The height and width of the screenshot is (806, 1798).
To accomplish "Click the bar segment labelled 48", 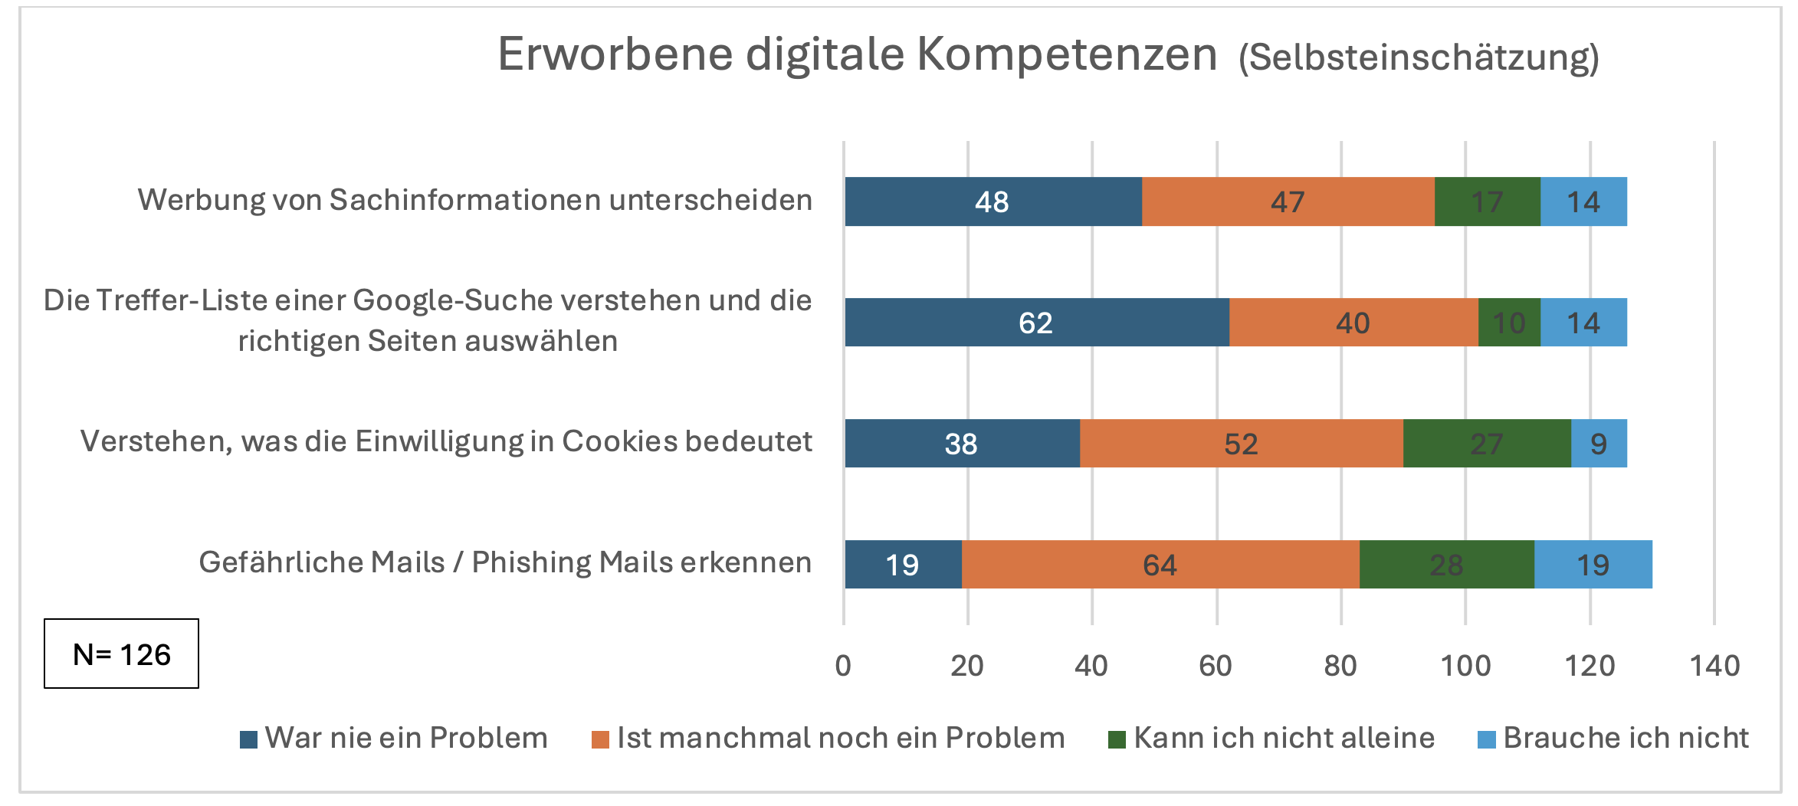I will pyautogui.click(x=993, y=202).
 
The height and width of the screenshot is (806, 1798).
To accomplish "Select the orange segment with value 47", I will pyautogui.click(x=1288, y=202).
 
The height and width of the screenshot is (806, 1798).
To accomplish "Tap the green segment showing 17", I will pyautogui.click(x=1487, y=202).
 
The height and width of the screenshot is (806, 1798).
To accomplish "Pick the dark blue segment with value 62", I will pyautogui.click(x=1036, y=323).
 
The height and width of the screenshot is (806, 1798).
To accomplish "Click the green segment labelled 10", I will pyautogui.click(x=1508, y=323).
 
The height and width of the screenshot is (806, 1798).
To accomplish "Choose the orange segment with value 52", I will pyautogui.click(x=1241, y=444).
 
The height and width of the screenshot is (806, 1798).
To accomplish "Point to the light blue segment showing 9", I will pyautogui.click(x=1598, y=444).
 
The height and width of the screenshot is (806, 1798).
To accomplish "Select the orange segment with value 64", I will pyautogui.click(x=1160, y=565).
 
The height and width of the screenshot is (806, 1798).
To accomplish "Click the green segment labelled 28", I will pyautogui.click(x=1446, y=565).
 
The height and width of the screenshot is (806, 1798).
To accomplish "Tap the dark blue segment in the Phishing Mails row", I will pyautogui.click(x=902, y=565).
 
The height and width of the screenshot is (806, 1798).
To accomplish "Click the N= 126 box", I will pyautogui.click(x=121, y=654).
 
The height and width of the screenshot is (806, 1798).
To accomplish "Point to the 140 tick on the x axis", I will pyautogui.click(x=1714, y=666).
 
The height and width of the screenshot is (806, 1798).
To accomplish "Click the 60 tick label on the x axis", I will pyautogui.click(x=1216, y=666).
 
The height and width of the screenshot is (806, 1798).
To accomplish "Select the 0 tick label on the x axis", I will pyautogui.click(x=843, y=666).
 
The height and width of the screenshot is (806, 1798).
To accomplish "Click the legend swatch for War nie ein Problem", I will pyautogui.click(x=248, y=739).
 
